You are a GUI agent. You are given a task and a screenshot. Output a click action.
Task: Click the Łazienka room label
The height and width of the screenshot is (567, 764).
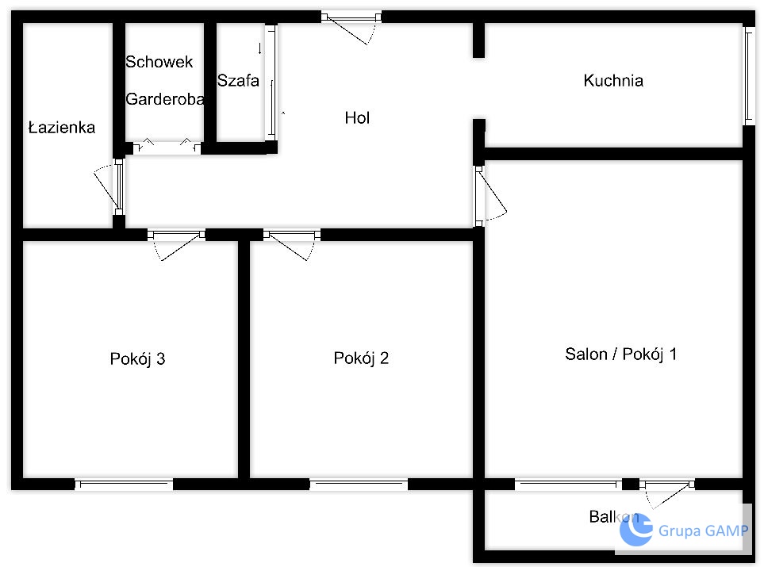coord(61,127)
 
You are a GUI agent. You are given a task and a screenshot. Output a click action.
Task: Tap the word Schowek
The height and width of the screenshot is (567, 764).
coord(159,62)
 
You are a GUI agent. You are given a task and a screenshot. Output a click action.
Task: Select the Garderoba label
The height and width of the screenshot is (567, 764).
coord(165,99)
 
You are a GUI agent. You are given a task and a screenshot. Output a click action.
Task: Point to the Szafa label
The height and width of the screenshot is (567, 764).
coord(238,80)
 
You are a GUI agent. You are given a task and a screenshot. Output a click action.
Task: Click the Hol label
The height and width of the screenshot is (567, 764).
coord(357,117)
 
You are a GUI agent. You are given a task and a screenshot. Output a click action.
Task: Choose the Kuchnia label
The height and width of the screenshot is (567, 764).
coord(613,80)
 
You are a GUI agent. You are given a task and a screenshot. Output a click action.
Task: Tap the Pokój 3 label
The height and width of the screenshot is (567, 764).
coord(137,359)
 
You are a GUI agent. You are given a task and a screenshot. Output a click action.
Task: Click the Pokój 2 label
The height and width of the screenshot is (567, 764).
coord(361,358)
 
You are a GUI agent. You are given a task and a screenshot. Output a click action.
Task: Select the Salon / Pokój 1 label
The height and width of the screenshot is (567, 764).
coord(620,354)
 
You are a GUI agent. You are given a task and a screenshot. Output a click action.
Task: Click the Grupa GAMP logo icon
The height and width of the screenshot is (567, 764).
coord(635,530)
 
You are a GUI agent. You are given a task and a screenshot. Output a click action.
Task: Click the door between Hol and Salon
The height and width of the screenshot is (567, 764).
coord(490,195)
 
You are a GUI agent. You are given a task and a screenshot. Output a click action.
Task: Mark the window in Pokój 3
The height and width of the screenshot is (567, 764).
coord(124,484)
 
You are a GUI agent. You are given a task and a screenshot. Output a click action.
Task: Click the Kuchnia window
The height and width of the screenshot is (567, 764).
coord(749,76)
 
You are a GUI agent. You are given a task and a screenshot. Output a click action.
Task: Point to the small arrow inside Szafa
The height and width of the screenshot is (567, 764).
coord(259,48)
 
